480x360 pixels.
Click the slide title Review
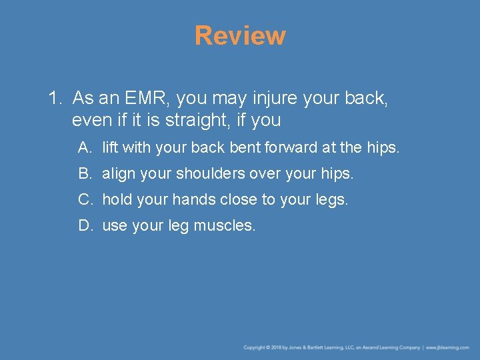[240, 35]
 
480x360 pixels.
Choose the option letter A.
[84, 147]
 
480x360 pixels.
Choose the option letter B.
[84, 173]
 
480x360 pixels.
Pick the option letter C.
[84, 199]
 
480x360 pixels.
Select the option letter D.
[84, 225]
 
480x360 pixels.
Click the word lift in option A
[110, 147]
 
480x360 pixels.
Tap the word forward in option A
[289, 147]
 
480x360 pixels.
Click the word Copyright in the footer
[254, 347]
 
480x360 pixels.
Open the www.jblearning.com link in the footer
[447, 347]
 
